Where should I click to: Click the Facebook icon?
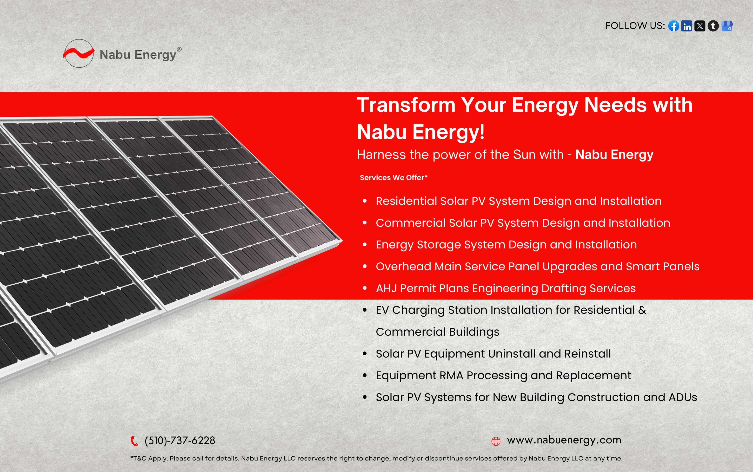674,26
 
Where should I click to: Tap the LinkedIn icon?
687,26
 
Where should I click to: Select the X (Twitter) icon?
700,26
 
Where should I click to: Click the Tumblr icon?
713,26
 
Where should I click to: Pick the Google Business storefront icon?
727,26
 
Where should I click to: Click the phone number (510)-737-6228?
180,440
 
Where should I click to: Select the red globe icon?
496,441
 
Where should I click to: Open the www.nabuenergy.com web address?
564,440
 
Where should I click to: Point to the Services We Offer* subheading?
393,178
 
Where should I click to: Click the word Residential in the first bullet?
406,201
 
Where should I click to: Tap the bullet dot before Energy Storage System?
365,245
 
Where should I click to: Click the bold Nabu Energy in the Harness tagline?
614,155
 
